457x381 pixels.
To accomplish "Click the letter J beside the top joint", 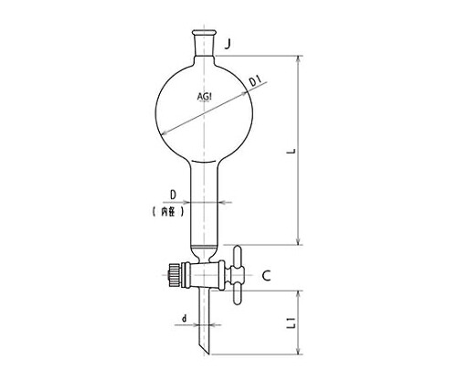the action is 228,44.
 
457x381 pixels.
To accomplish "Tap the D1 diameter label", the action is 254,82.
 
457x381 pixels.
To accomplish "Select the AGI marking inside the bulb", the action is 205,97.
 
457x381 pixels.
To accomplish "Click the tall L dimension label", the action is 292,151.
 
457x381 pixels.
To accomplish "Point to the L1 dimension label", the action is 292,323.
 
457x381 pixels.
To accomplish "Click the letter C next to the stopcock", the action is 266,276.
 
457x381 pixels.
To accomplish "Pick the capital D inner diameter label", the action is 173,196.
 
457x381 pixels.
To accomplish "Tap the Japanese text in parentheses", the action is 168,212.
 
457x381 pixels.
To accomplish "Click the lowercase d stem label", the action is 184,319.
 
